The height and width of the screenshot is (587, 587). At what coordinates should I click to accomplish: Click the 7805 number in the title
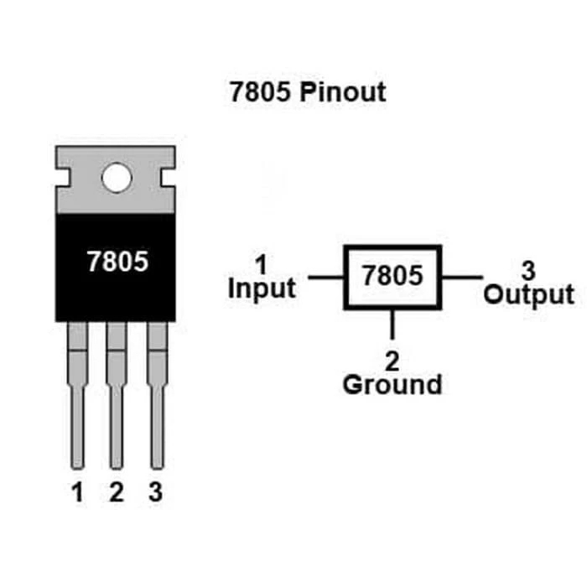pos(260,91)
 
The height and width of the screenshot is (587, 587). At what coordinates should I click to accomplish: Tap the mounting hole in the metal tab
pos(116,177)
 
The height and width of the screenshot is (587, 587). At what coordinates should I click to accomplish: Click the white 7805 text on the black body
pos(117,262)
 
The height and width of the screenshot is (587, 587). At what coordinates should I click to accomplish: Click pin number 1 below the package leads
pos(78,493)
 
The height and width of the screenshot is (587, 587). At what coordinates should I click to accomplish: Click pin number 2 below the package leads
pos(117,493)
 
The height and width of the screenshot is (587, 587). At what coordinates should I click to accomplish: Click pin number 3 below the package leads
pos(155,493)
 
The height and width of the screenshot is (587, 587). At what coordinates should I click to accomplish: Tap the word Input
pos(262,289)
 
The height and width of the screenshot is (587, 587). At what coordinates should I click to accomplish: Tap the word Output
pos(529,294)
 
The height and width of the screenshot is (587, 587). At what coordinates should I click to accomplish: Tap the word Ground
pos(392,385)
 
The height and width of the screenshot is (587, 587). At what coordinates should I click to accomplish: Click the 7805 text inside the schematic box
pos(392,276)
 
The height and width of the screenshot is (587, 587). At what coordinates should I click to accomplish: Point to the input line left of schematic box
pos(325,277)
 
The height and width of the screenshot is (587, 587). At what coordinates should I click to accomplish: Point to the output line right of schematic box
pos(462,277)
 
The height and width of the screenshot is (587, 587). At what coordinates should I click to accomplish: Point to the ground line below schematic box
pos(392,324)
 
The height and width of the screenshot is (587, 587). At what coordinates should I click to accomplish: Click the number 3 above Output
pos(528,271)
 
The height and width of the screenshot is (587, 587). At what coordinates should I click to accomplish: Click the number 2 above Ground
pos(392,361)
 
